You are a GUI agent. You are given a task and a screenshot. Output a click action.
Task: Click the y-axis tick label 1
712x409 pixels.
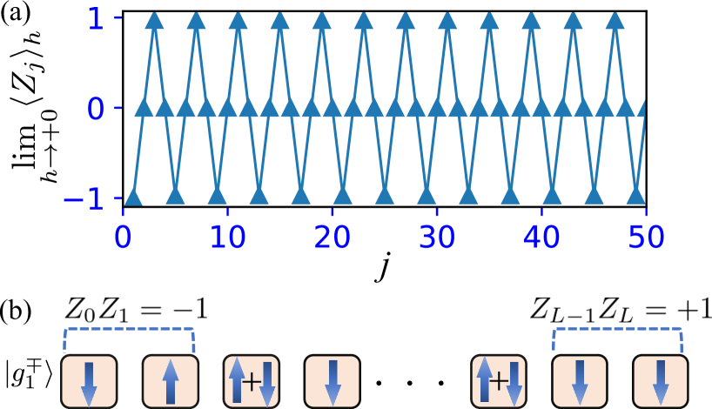click(96, 18)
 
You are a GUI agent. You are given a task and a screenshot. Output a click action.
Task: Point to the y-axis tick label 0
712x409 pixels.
click(96, 110)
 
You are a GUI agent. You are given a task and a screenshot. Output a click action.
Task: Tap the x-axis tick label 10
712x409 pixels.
click(227, 237)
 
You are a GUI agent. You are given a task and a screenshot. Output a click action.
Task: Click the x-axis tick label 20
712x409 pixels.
click(332, 237)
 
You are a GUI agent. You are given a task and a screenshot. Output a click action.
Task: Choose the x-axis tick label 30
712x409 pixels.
click(436, 237)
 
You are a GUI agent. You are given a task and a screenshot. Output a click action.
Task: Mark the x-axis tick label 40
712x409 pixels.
click(541, 237)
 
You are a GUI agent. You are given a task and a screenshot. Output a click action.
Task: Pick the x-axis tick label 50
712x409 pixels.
click(645, 237)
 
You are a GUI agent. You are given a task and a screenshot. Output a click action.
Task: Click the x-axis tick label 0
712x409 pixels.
click(123, 237)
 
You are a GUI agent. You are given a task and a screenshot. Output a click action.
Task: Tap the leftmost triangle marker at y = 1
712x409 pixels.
click(154, 20)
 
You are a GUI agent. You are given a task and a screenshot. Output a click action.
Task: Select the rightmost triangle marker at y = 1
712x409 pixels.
click(615, 20)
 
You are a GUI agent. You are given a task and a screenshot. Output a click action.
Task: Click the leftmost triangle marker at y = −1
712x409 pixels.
click(133, 197)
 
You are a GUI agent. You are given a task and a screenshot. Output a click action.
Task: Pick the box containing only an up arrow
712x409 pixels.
click(171, 381)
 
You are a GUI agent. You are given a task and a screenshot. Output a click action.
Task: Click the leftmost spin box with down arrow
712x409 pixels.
click(89, 381)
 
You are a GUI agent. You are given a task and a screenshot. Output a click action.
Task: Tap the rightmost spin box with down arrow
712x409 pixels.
click(661, 381)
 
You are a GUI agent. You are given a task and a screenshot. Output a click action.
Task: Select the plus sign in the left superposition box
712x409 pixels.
click(252, 381)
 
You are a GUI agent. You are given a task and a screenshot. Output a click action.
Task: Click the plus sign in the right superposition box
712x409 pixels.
click(498, 381)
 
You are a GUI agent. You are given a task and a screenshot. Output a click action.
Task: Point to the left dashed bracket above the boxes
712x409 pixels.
click(129, 330)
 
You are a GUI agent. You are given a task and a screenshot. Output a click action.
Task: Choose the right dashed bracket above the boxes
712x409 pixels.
click(617, 330)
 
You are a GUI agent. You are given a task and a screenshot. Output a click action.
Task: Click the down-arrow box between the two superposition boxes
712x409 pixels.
click(332, 381)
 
